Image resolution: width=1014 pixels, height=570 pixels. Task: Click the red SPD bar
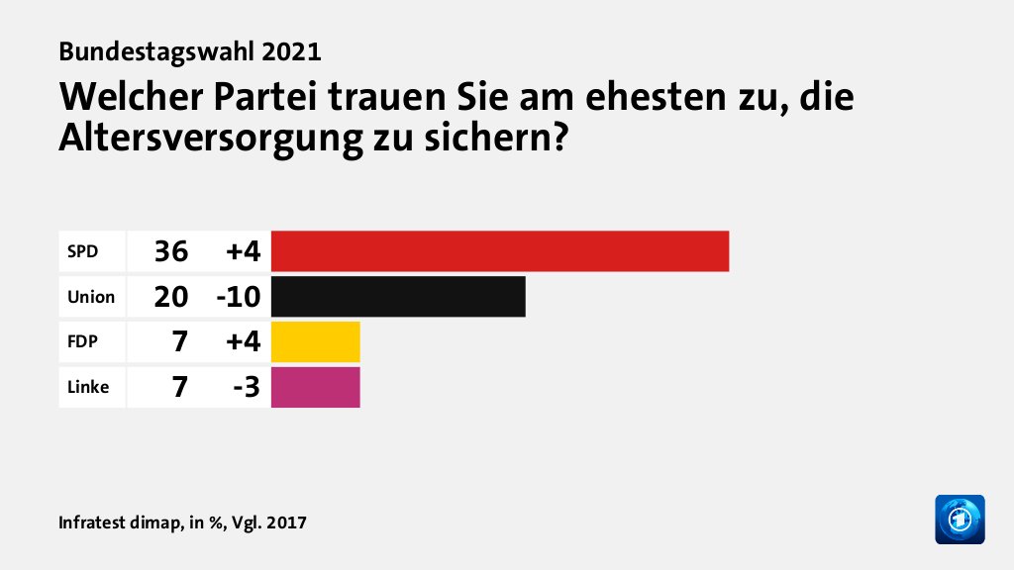(x=499, y=251)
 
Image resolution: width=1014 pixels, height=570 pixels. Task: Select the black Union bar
(x=397, y=297)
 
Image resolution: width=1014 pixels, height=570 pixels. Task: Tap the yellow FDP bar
(x=315, y=342)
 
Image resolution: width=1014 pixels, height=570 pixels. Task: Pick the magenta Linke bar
(x=315, y=388)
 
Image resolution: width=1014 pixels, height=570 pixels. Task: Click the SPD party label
(x=82, y=251)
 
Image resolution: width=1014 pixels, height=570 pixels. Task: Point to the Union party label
(x=91, y=297)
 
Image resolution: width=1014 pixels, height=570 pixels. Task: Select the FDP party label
(x=82, y=342)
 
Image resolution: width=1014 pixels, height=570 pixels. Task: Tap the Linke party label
(x=88, y=388)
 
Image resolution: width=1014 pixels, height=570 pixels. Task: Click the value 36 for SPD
(x=170, y=251)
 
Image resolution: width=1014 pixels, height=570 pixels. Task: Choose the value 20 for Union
(x=170, y=297)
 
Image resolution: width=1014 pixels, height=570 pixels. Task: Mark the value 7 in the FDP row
(x=179, y=342)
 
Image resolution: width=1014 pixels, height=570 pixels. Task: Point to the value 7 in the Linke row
(x=179, y=388)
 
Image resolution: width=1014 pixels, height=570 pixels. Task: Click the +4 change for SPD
(x=242, y=251)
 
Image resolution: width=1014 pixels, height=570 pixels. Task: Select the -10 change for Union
(x=236, y=297)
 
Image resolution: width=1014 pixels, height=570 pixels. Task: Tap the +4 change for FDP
(x=242, y=342)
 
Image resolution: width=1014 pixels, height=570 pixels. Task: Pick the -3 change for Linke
(x=246, y=388)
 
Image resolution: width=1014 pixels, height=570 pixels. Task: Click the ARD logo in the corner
(x=960, y=520)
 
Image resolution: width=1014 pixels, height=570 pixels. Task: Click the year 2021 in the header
(x=294, y=49)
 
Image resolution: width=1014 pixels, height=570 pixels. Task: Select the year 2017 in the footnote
(x=286, y=522)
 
